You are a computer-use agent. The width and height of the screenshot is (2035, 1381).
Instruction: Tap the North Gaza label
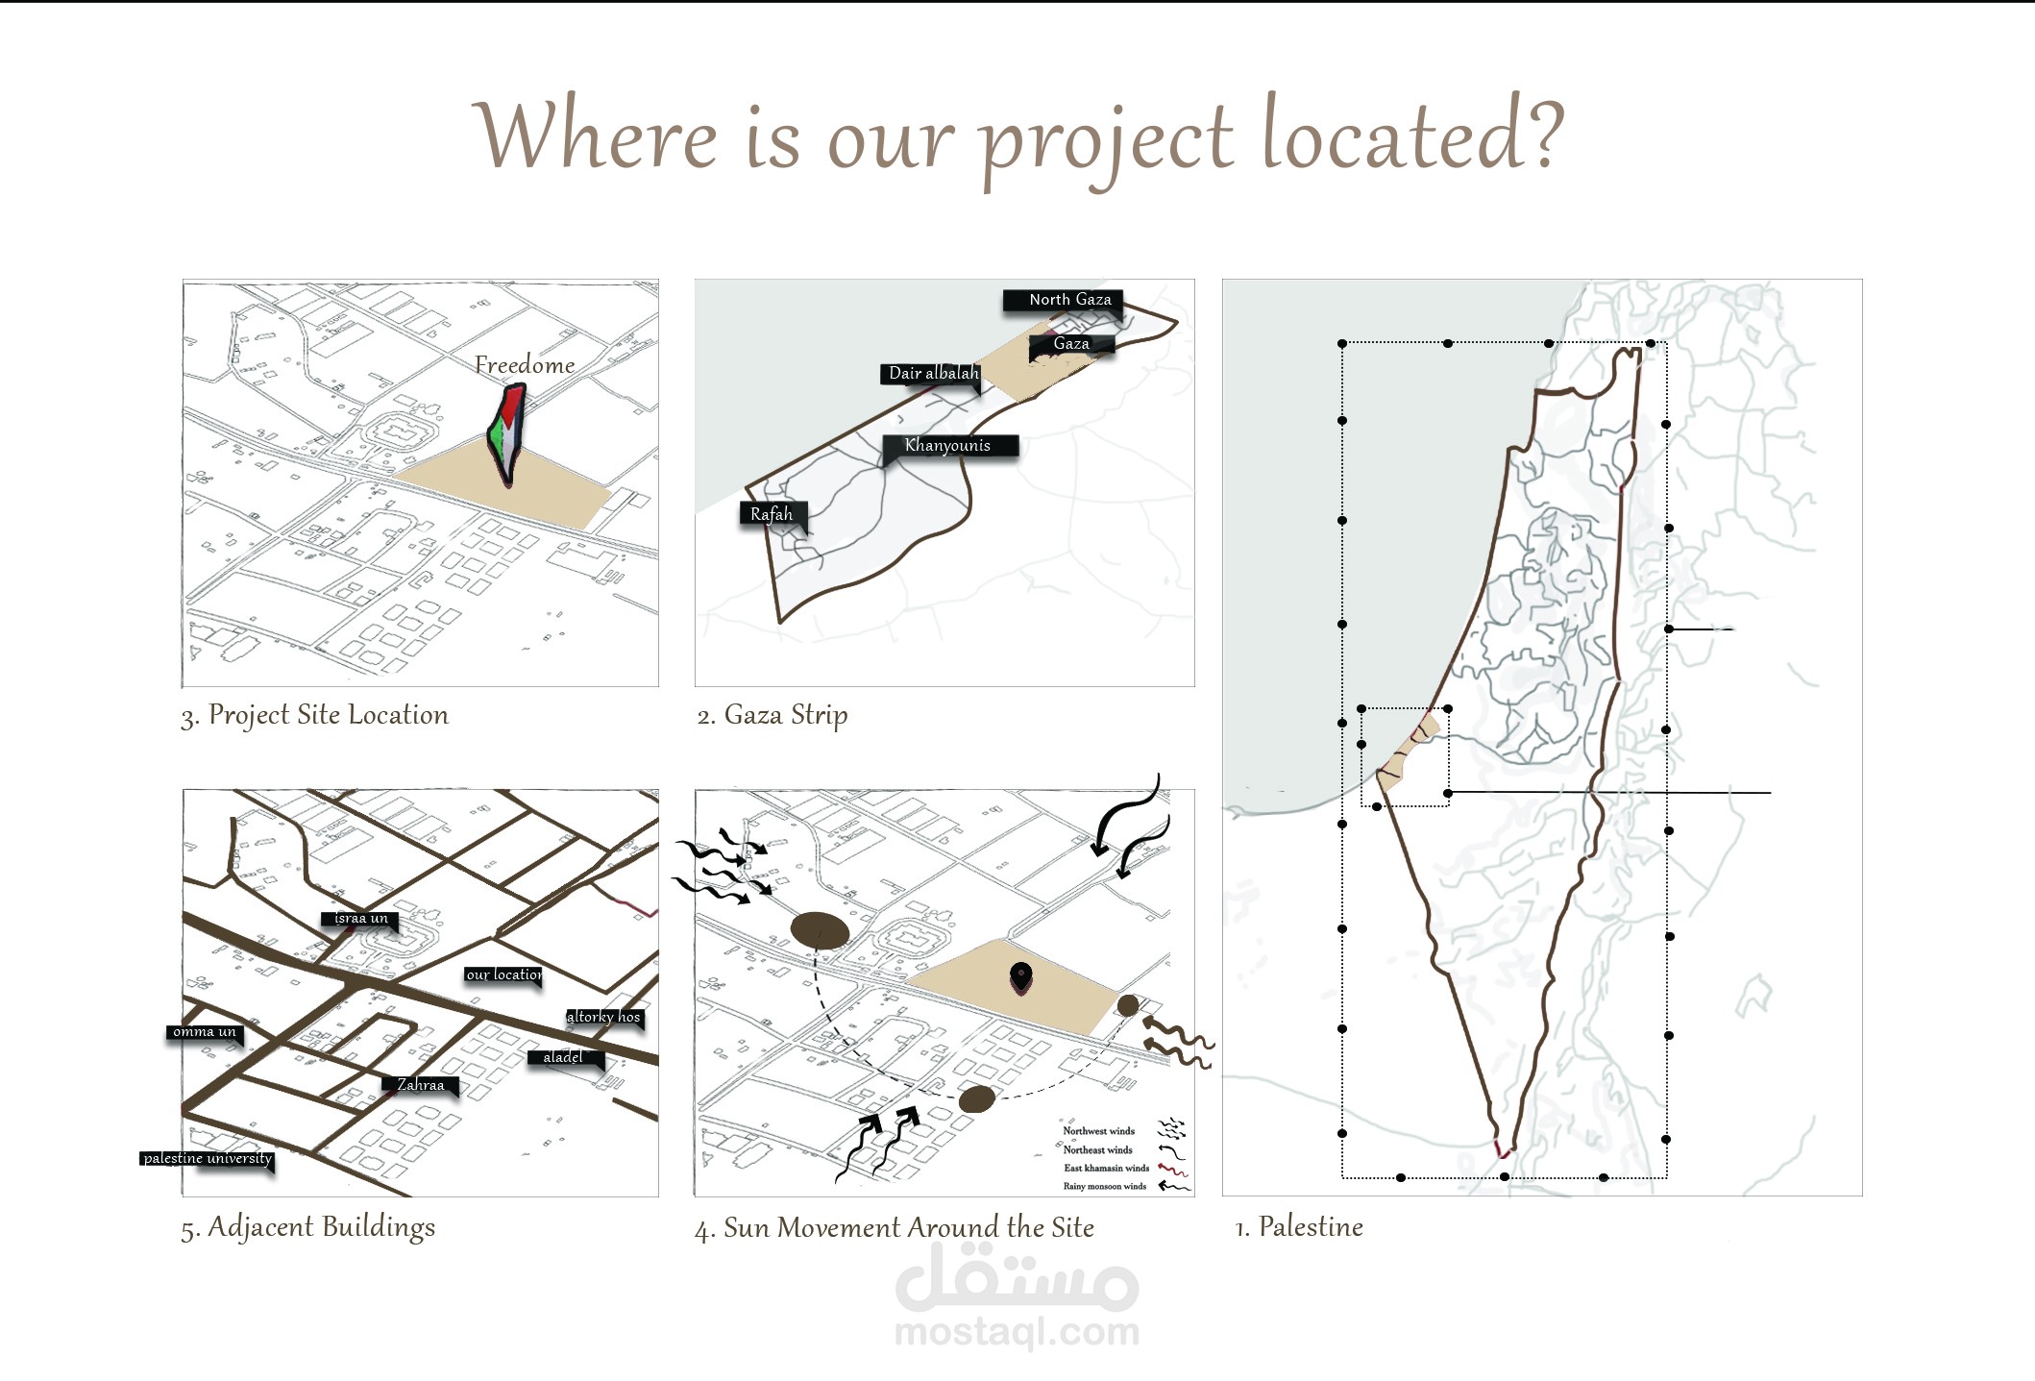[x=1068, y=300]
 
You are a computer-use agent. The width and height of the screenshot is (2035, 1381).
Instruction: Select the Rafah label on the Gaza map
[x=772, y=514]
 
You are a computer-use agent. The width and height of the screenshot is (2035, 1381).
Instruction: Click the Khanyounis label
[x=947, y=445]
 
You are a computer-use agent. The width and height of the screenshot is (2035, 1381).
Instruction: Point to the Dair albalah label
[x=933, y=373]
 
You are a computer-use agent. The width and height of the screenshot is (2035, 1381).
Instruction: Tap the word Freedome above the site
[x=525, y=365]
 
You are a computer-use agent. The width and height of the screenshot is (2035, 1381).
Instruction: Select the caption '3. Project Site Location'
[x=314, y=715]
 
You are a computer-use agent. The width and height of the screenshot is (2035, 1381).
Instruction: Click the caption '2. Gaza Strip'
[x=772, y=715]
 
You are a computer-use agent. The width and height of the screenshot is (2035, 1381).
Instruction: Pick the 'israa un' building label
[x=360, y=919]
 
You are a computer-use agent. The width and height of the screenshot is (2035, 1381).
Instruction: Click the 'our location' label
[x=503, y=974]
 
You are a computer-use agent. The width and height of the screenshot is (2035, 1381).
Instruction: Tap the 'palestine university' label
[x=208, y=1158]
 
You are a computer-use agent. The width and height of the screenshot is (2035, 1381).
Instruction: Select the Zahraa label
[x=421, y=1085]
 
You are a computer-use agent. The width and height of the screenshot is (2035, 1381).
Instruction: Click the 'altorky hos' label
[x=602, y=1017]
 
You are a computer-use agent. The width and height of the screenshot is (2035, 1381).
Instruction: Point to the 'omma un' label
[x=205, y=1032]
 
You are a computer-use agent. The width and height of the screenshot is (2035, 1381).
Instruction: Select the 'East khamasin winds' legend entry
[x=1106, y=1168]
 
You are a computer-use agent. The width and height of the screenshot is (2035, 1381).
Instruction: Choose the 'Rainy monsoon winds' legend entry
[x=1104, y=1186]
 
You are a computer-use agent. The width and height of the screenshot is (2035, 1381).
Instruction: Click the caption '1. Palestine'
[x=1298, y=1227]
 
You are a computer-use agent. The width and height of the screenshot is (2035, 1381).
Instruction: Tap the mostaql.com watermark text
[x=1017, y=1332]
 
